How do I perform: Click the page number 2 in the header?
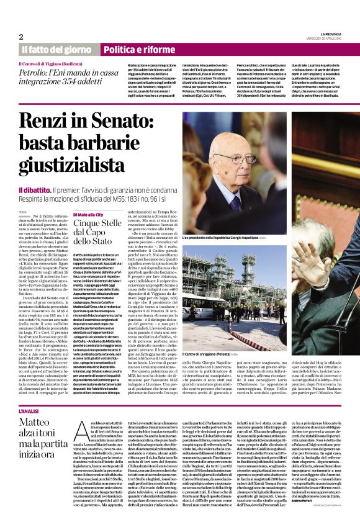point(21,37)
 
